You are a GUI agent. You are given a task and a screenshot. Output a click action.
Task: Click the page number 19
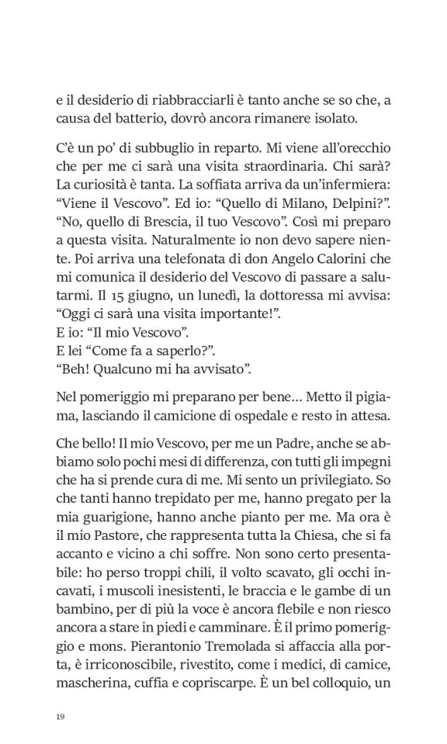60,717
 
